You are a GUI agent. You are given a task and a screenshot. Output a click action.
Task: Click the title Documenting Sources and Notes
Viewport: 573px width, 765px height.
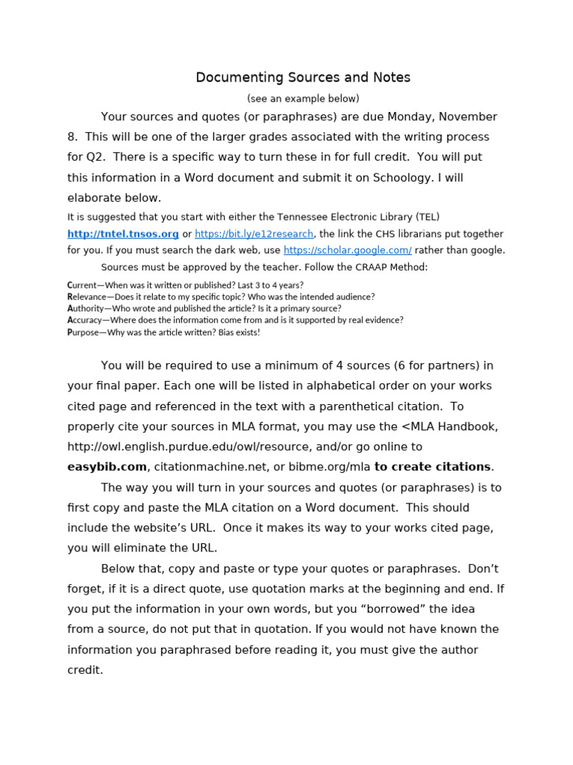(x=303, y=78)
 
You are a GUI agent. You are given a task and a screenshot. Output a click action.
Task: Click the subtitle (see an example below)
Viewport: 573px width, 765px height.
(x=303, y=99)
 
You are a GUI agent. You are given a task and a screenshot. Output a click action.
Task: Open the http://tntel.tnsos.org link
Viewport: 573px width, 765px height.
(x=123, y=234)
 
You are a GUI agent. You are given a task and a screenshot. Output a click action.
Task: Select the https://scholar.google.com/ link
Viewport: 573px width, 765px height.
(x=348, y=250)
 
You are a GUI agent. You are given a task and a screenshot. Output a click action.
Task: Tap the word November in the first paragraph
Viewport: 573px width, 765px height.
(x=467, y=117)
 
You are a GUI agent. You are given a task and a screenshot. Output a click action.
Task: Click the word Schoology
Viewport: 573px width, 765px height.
(x=399, y=178)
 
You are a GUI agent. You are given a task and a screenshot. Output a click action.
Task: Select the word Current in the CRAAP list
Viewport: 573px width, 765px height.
(x=84, y=285)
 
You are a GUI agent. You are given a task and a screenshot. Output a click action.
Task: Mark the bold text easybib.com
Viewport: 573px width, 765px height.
(x=107, y=467)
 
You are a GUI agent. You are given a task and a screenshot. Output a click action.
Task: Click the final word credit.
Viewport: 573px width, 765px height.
(x=84, y=670)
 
